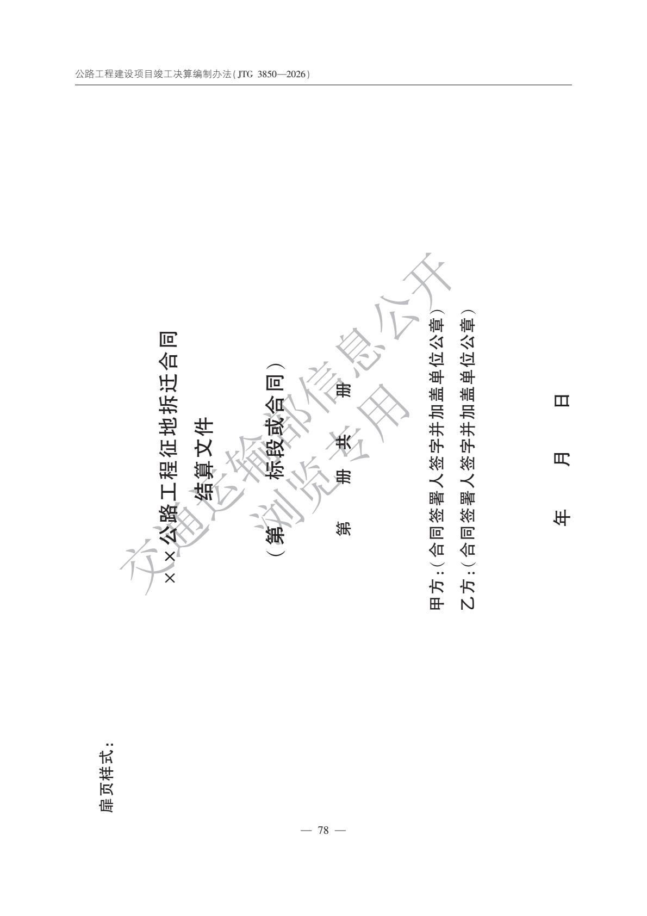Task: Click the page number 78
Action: click(323, 831)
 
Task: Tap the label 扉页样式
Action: click(107, 777)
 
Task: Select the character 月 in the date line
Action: click(562, 459)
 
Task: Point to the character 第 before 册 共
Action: click(343, 528)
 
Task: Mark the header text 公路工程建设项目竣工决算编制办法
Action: click(153, 74)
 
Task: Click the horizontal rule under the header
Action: click(323, 85)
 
